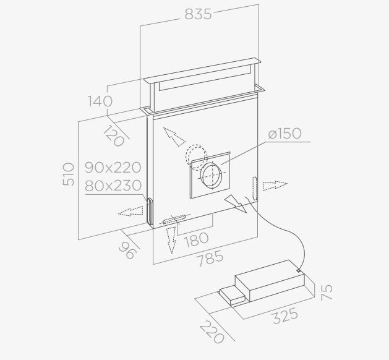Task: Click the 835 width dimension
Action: [x=198, y=14]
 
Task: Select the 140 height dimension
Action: [x=100, y=101]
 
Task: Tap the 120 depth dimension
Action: [x=113, y=136]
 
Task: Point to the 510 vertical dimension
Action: [x=69, y=174]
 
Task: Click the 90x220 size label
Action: [x=113, y=168]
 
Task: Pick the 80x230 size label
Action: [x=113, y=186]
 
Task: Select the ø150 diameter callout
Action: [x=285, y=134]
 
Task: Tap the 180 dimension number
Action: [x=197, y=239]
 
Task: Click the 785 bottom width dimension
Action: [x=210, y=259]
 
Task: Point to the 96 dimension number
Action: [x=128, y=250]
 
